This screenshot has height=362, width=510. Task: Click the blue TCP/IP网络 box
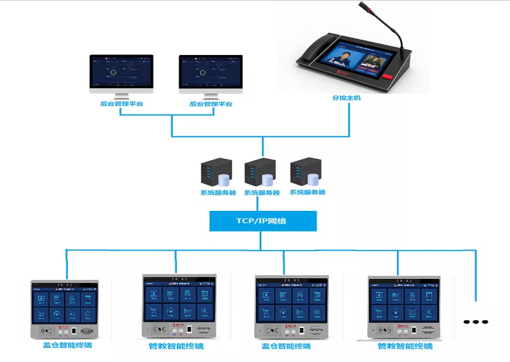(x=263, y=221)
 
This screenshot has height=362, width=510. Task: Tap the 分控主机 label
(x=346, y=98)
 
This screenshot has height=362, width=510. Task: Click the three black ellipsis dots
(x=475, y=322)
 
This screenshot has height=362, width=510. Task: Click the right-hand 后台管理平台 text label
(x=211, y=104)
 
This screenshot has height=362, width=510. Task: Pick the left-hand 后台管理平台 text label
(x=121, y=104)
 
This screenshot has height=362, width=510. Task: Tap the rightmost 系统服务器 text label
(x=307, y=192)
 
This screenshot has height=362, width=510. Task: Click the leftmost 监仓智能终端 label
(x=67, y=345)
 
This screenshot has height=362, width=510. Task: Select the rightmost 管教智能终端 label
(x=405, y=346)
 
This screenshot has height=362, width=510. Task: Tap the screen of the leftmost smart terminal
(x=64, y=306)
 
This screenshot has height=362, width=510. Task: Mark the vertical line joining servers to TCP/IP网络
(x=258, y=203)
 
